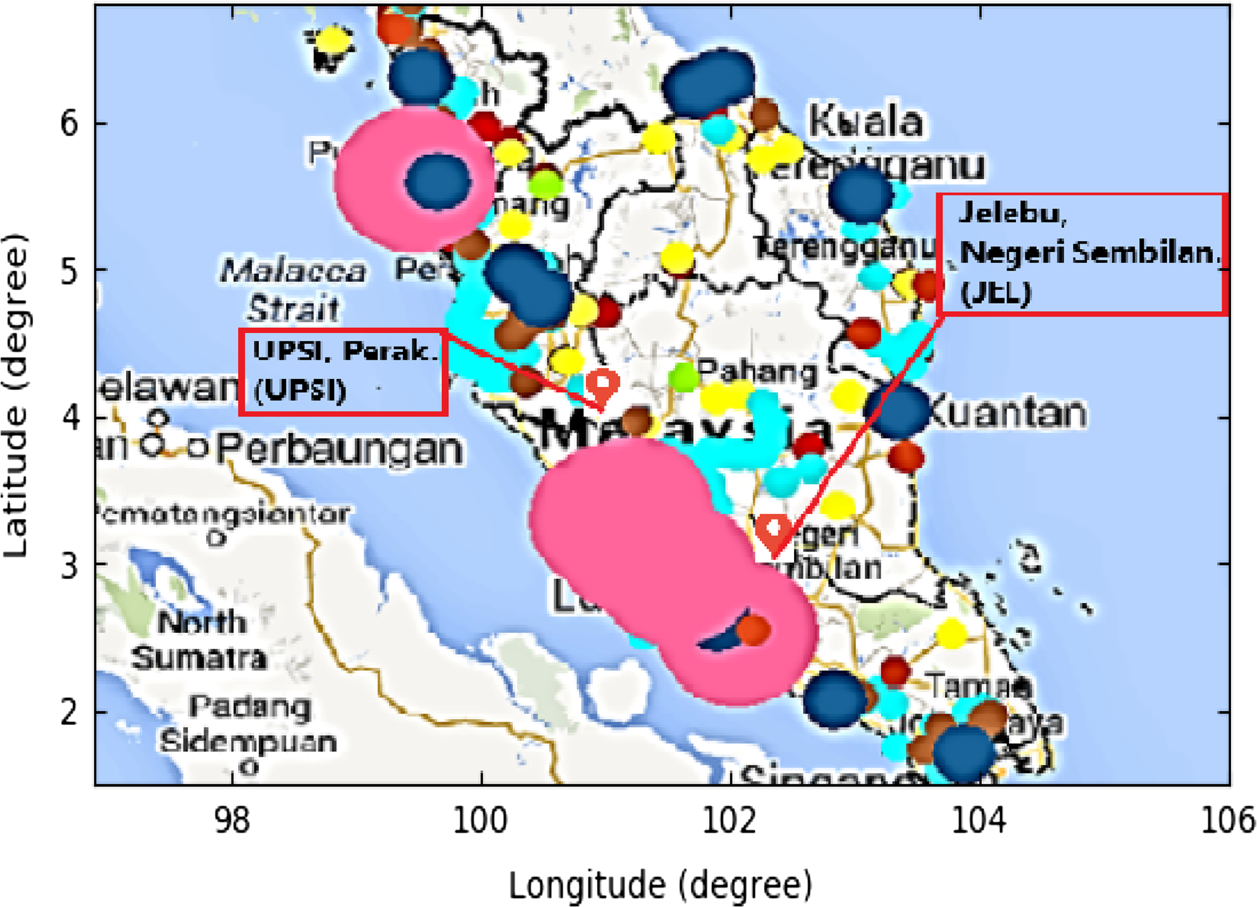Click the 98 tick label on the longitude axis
[x=232, y=820]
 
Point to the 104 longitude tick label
[x=979, y=820]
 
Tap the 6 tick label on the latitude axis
[x=69, y=124]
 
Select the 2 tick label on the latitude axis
[x=69, y=712]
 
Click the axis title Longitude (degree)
[x=660, y=885]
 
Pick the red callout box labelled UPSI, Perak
[x=343, y=372]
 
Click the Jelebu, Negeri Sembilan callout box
[x=1082, y=254]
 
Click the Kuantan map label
[x=1007, y=413]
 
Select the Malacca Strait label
[x=292, y=289]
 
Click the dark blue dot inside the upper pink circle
[x=437, y=181]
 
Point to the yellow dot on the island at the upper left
[x=332, y=41]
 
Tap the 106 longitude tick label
[x=1227, y=820]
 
